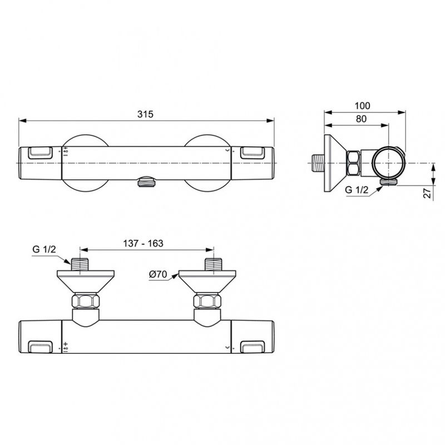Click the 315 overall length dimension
[146, 113]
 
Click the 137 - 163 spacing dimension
[144, 243]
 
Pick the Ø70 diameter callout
[159, 274]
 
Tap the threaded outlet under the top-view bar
[145, 181]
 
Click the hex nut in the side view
[353, 162]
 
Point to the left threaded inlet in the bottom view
[80, 264]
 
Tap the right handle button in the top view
[253, 151]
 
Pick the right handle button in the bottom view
[253, 347]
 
